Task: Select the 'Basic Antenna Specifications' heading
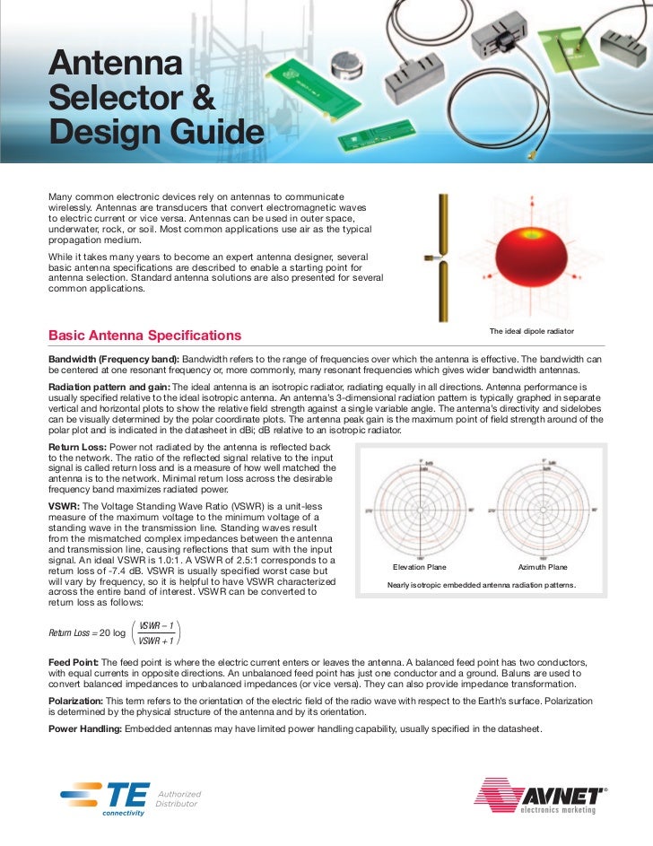coord(144,336)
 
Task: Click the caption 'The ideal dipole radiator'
coord(531,332)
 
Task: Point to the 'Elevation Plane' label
coord(420,568)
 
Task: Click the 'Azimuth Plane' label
coord(542,568)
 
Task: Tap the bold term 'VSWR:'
coord(66,506)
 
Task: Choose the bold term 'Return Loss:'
coord(82,446)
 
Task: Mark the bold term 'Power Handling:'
coord(85,728)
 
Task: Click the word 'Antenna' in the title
coord(115,65)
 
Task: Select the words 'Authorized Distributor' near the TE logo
coord(178,798)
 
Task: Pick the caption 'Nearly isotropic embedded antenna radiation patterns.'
coord(481,587)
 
